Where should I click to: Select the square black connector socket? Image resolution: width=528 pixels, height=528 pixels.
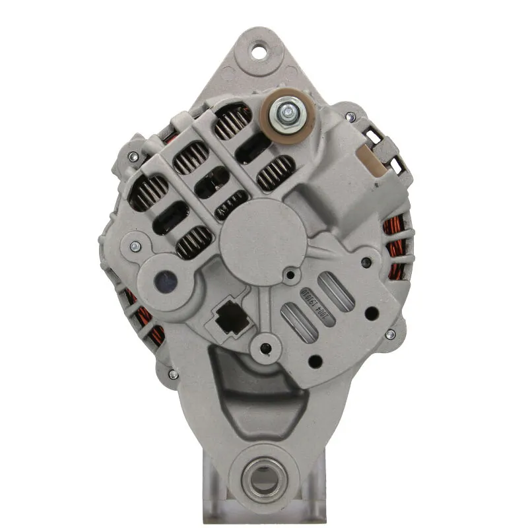(x=228, y=319)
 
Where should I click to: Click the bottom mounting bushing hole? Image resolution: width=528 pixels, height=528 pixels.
(x=265, y=475)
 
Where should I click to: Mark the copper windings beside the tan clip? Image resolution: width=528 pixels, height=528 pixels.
(x=395, y=238)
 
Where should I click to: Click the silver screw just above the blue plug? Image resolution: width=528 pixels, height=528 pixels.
(x=135, y=247)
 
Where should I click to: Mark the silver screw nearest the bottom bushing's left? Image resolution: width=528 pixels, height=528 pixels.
(x=173, y=374)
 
